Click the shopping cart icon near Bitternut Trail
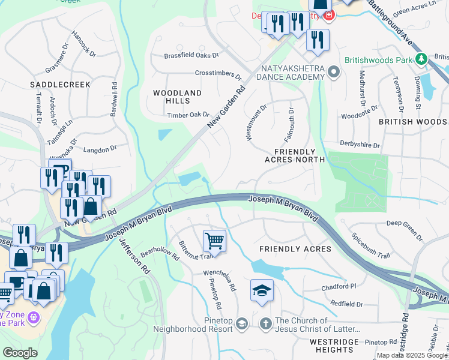pos(214,241)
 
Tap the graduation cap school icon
pos(262,290)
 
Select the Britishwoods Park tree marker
pos(422,58)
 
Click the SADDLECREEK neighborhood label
pos(60,85)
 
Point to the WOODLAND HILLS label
pos(177,97)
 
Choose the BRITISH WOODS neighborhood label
pos(412,121)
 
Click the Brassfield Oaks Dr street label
pos(191,55)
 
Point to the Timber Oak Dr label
pos(188,115)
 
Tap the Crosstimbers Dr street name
pos(218,74)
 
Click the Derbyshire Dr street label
pos(360,145)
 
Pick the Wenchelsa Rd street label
pos(219,280)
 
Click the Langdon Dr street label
pos(100,149)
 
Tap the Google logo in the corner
pos(20,352)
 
